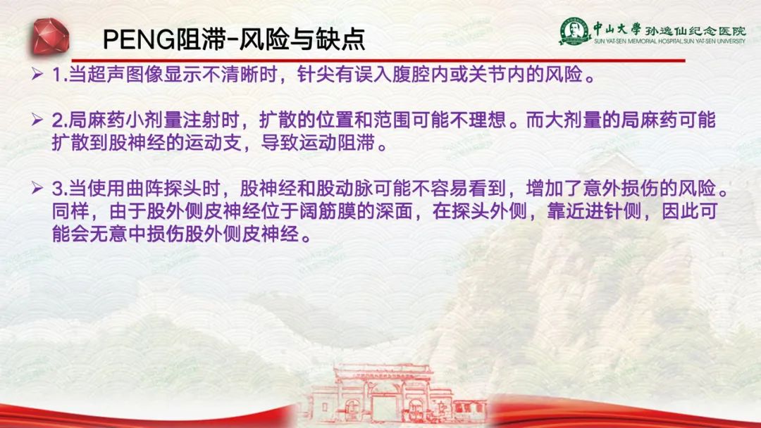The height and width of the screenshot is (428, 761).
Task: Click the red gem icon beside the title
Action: coord(51,36)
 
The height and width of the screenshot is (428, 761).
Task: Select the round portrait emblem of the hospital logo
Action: coord(574,30)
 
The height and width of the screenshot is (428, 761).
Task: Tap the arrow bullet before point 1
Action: coord(37,74)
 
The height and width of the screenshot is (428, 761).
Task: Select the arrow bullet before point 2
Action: coord(37,119)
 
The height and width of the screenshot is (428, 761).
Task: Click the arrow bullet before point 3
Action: coord(37,188)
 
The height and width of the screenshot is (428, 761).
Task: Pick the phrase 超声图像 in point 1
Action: coord(125,75)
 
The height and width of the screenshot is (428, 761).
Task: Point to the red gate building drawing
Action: coord(394,394)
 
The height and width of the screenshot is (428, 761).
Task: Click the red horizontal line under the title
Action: coord(378,61)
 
